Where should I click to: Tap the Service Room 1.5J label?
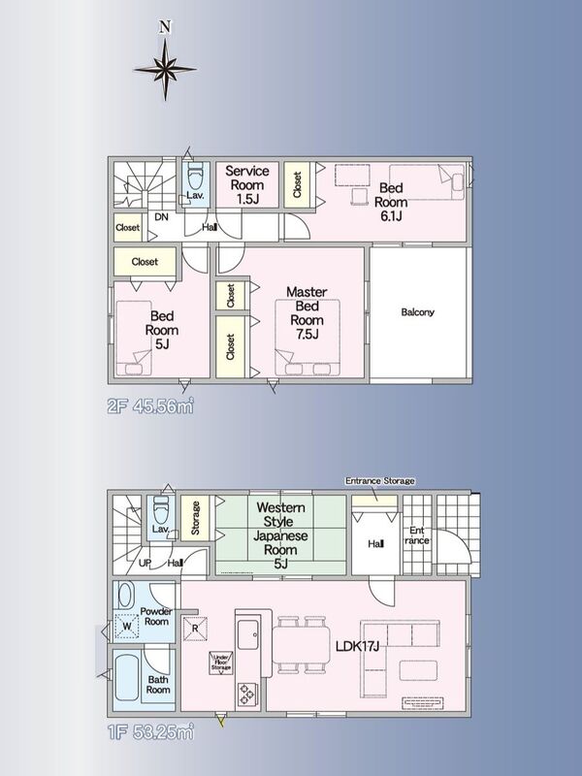click(x=247, y=185)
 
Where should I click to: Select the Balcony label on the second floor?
click(x=418, y=312)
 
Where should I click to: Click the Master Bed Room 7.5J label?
click(x=307, y=312)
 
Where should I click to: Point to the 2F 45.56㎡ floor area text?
click(x=150, y=406)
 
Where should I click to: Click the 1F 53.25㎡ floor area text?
click(x=150, y=732)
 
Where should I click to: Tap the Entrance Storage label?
click(x=379, y=480)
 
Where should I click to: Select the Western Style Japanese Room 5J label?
click(x=280, y=535)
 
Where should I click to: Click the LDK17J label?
click(x=357, y=646)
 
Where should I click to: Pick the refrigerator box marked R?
click(x=195, y=629)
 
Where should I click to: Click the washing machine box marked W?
click(x=127, y=626)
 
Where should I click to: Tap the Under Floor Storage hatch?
click(x=221, y=663)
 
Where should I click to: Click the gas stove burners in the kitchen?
click(x=246, y=695)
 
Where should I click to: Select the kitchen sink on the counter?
click(x=247, y=634)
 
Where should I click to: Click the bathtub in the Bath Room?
click(x=127, y=677)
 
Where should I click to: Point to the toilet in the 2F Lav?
click(x=196, y=176)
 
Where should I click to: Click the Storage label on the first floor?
click(x=196, y=518)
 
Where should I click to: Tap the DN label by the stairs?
click(x=161, y=216)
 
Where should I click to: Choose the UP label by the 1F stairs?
click(x=145, y=563)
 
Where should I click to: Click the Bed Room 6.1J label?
click(x=391, y=202)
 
